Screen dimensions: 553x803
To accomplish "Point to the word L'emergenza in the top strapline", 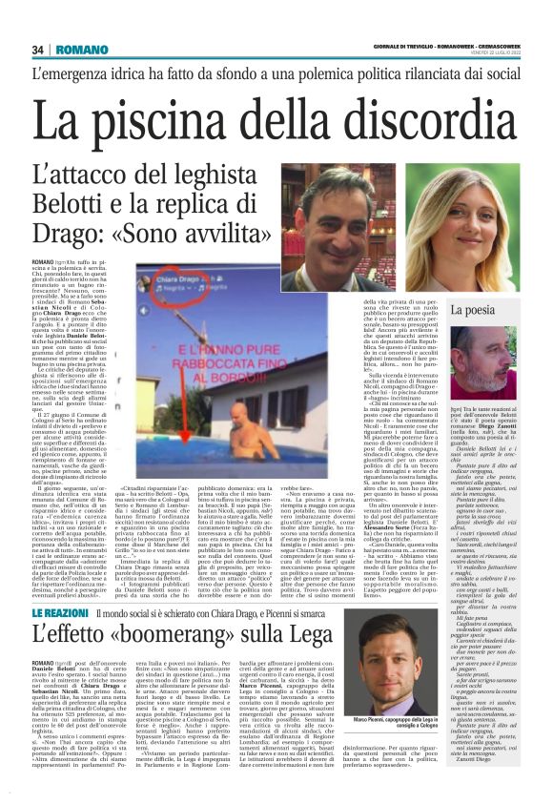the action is pyautogui.click(x=73, y=75).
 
